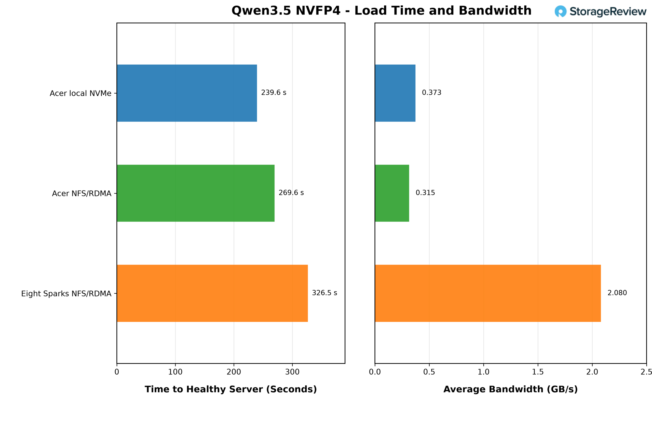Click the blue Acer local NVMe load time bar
click(187, 93)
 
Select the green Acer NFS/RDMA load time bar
click(196, 193)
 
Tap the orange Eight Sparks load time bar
click(212, 293)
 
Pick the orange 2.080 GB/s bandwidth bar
click(488, 293)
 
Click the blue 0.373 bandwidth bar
click(395, 93)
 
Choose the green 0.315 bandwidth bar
click(392, 193)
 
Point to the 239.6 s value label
click(274, 93)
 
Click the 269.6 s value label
click(291, 193)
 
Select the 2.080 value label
click(617, 293)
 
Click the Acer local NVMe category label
click(80, 93)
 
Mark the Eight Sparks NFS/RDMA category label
click(66, 294)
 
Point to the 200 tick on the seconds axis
click(234, 372)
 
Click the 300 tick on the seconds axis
click(292, 372)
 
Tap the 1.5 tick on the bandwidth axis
click(538, 372)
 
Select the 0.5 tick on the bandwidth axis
click(429, 372)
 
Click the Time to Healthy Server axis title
click(231, 390)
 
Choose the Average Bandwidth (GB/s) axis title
click(511, 390)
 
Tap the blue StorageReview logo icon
click(561, 11)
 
